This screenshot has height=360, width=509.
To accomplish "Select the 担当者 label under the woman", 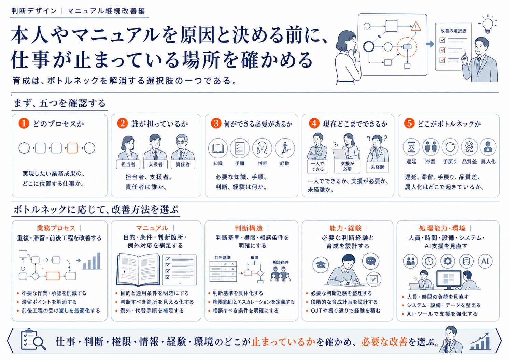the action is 128,164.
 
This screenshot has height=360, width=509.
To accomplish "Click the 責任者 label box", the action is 183,164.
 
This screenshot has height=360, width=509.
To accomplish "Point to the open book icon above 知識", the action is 218,148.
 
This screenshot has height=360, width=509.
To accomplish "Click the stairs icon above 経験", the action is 285,148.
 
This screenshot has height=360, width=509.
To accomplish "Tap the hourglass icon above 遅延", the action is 411,147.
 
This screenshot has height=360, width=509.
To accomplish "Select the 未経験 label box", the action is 378,167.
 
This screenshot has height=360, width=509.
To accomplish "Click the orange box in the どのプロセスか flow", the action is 72,148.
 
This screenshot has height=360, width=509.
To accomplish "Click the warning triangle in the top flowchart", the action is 416,27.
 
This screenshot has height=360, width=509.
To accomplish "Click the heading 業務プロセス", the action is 56,228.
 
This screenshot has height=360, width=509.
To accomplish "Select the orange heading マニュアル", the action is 152,228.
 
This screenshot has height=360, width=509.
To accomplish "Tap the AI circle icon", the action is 485,261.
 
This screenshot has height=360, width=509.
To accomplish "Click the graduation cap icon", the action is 321,264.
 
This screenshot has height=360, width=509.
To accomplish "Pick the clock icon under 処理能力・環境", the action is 429,261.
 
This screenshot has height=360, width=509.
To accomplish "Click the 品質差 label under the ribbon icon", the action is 469,162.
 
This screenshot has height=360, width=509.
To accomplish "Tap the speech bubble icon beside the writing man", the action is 370,261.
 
